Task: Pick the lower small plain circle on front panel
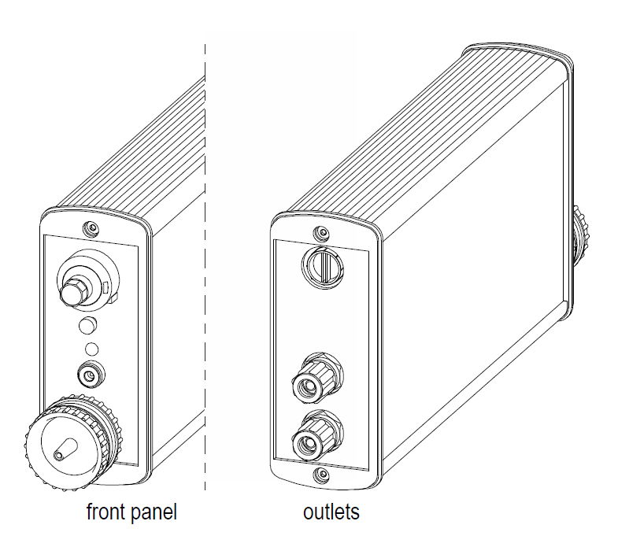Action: click(91, 349)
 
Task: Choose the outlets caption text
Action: click(331, 512)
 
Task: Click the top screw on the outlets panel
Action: click(321, 234)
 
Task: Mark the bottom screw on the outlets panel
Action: click(321, 475)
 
